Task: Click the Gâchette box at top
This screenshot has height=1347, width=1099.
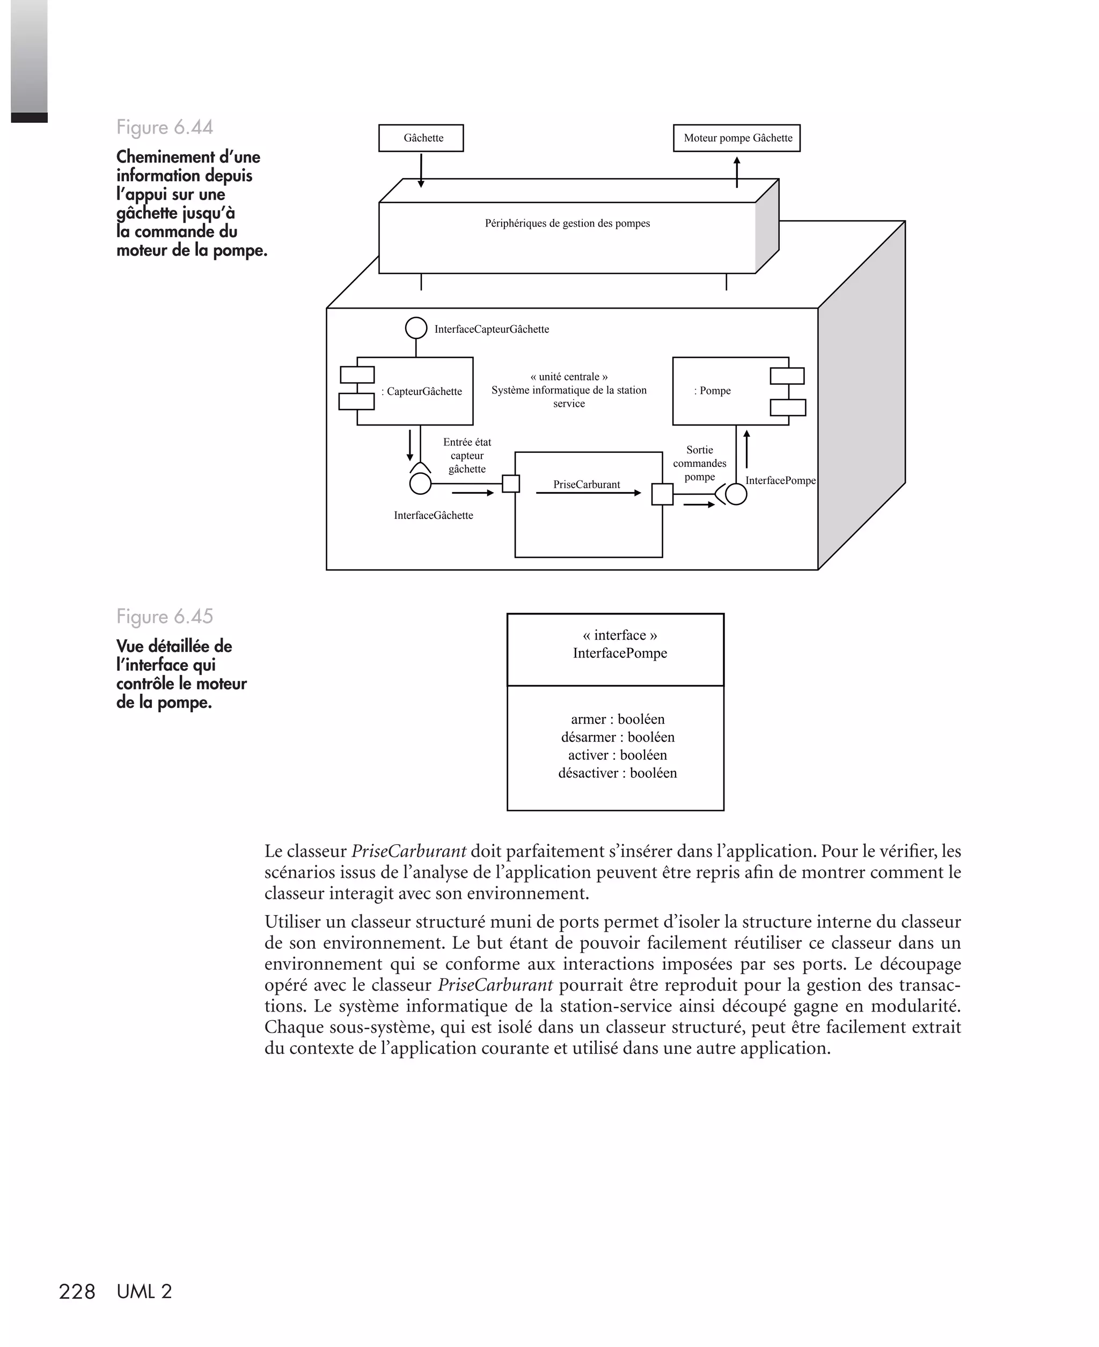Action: coord(421,138)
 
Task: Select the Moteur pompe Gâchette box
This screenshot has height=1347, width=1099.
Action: coord(736,138)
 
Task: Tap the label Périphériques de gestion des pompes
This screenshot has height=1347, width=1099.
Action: coord(567,223)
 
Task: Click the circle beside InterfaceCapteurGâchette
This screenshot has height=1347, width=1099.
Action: coord(416,328)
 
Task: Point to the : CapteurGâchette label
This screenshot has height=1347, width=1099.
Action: coord(422,391)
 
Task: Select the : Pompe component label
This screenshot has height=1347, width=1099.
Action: coord(713,391)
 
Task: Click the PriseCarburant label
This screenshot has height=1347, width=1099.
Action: coord(586,484)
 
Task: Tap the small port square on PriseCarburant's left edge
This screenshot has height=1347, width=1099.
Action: coord(511,484)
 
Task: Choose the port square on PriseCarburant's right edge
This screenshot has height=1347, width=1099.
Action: coord(662,494)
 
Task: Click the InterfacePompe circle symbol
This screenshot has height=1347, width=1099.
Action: coord(736,494)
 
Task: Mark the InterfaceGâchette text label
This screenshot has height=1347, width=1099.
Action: coord(433,515)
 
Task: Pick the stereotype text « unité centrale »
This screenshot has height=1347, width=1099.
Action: coord(568,377)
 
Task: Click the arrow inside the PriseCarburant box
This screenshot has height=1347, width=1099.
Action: coord(588,493)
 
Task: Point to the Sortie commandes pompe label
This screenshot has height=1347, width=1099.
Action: coord(700,463)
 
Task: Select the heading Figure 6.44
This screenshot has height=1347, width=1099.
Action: coord(165,127)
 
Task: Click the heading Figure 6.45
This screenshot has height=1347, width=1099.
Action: coord(165,617)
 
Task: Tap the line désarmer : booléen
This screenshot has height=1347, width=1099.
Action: coord(617,737)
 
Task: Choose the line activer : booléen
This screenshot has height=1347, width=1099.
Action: coord(617,755)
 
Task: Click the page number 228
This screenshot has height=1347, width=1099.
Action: coord(77,1292)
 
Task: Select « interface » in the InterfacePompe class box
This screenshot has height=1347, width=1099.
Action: coord(619,635)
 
